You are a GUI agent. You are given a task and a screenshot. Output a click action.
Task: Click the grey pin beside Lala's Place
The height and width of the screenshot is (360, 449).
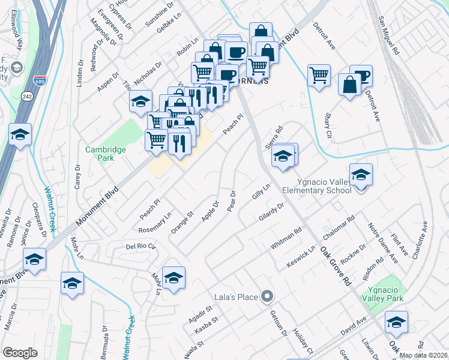pyautogui.click(x=268, y=296)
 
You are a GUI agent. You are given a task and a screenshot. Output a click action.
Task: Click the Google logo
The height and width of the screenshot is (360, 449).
pyautogui.click(x=20, y=352)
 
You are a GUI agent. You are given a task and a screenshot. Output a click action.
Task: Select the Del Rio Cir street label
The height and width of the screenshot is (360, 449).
pyautogui.click(x=140, y=246)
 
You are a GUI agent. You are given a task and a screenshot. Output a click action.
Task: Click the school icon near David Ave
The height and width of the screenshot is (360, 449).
pyautogui.click(x=396, y=322)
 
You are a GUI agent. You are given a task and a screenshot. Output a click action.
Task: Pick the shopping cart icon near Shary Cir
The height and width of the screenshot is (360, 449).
pyautogui.click(x=319, y=76)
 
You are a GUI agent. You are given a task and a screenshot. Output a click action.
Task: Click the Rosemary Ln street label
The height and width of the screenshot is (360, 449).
pyautogui.click(x=155, y=221)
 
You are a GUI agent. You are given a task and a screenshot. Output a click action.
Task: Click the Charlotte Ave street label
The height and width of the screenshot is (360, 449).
pyautogui.click(x=420, y=240)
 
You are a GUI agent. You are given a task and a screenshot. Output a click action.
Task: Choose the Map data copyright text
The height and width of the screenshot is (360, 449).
pyautogui.click(x=423, y=355)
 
